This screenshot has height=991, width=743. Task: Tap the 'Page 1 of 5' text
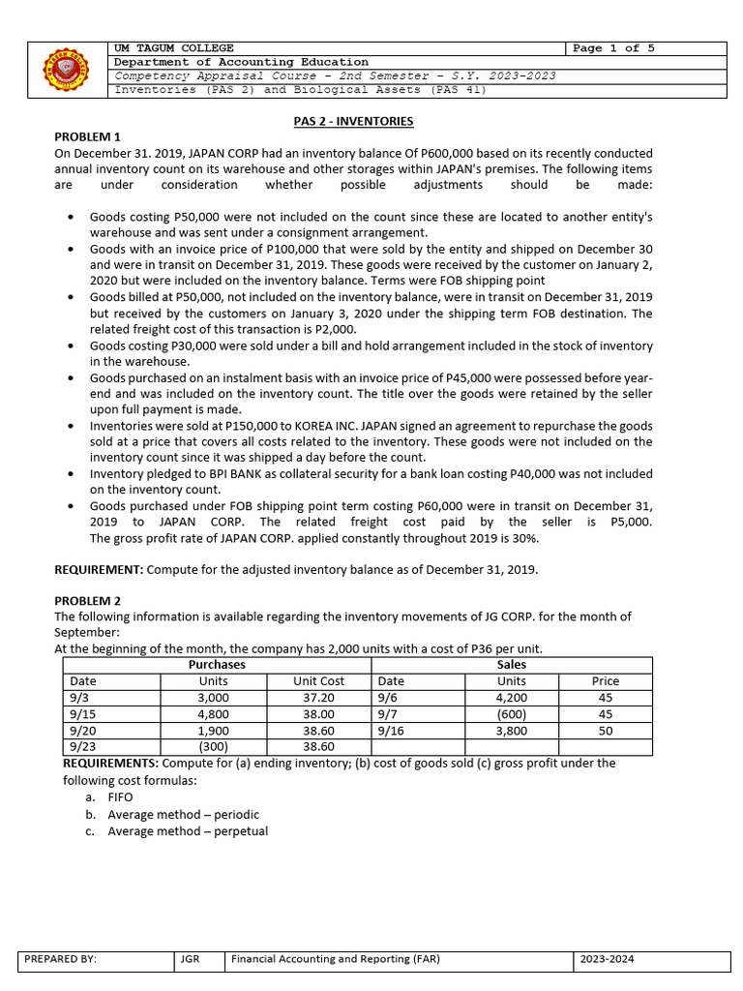pyautogui.click(x=613, y=48)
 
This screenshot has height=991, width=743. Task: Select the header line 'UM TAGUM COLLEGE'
pyautogui.click(x=174, y=48)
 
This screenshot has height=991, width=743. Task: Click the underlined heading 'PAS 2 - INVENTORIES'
pyautogui.click(x=353, y=121)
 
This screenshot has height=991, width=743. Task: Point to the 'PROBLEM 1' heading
pyautogui.click(x=87, y=136)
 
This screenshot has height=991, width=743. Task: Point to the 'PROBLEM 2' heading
pyautogui.click(x=87, y=601)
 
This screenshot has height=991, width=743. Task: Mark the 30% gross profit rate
pyautogui.click(x=525, y=538)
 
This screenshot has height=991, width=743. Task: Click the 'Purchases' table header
pyautogui.click(x=217, y=665)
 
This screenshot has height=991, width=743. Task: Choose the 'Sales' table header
pyautogui.click(x=511, y=665)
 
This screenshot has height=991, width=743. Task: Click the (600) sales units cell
pyautogui.click(x=511, y=714)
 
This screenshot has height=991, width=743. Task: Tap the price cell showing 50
pyautogui.click(x=605, y=731)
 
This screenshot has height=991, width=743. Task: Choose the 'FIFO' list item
pyautogui.click(x=120, y=797)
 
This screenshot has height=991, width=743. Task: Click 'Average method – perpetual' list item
pyautogui.click(x=188, y=831)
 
